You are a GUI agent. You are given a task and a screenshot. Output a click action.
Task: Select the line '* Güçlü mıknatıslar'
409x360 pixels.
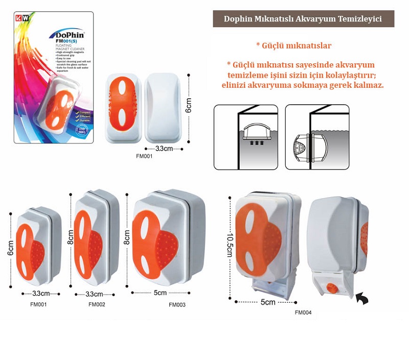coord(293,46)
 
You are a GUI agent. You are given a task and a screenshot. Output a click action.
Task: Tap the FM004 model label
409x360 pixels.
coord(303,313)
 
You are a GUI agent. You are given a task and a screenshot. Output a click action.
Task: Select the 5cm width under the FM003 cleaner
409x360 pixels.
coord(160,293)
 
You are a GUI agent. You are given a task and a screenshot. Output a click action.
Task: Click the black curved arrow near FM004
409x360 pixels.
coord(361,299)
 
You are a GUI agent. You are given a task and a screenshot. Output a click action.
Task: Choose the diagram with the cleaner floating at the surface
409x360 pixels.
coord(245,137)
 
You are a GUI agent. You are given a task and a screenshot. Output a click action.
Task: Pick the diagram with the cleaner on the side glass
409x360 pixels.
coord(317,137)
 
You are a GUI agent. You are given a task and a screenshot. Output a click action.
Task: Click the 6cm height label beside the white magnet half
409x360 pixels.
coord(189,108)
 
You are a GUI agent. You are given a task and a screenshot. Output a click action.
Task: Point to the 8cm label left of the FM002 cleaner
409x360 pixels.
coord(71,237)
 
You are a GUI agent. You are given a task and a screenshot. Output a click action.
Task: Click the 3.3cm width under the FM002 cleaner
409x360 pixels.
coord(94,294)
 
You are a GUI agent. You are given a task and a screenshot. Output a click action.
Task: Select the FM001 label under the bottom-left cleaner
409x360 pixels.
coord(38,304)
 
